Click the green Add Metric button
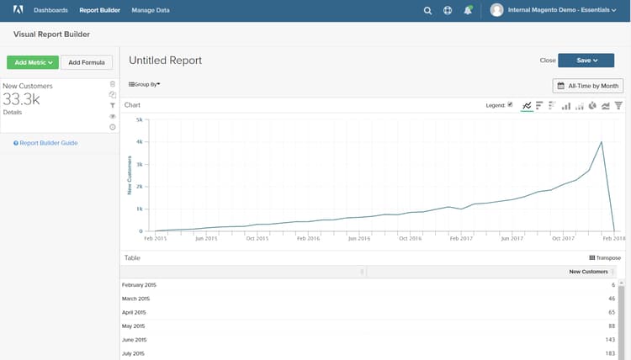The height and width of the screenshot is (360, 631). click(x=32, y=62)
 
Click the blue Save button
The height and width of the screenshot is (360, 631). click(x=585, y=60)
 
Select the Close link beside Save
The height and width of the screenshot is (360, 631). click(x=548, y=61)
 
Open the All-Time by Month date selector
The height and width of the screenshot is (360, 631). click(x=587, y=86)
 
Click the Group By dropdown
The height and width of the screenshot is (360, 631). click(x=145, y=84)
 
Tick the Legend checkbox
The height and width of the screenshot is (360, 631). click(x=510, y=105)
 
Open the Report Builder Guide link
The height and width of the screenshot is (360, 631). click(x=46, y=143)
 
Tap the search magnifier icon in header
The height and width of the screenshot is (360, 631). click(x=427, y=11)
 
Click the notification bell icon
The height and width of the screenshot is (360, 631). click(x=468, y=11)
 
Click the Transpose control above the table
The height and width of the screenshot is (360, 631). click(x=604, y=258)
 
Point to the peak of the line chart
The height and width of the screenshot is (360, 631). click(x=602, y=141)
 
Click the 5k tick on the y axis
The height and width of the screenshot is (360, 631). click(x=140, y=119)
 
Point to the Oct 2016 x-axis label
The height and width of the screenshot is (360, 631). click(x=410, y=238)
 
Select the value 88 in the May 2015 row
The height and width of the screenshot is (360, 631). click(x=610, y=326)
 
